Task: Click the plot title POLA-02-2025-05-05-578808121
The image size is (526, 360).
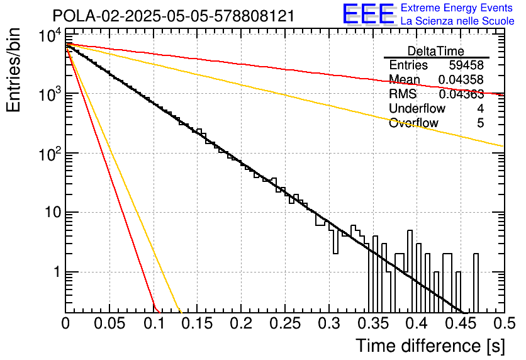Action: pos(174,16)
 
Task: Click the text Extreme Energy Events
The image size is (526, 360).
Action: pos(457,8)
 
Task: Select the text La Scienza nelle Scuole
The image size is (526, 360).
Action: pos(457,21)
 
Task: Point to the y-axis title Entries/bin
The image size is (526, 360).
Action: pos(13,70)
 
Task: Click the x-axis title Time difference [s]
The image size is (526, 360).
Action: pos(430,346)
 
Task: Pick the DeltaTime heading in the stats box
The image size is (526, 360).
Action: pos(436,51)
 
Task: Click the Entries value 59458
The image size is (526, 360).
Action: pos(466,65)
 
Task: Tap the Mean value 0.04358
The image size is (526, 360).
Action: pos(461,79)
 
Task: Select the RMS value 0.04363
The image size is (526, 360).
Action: pos(461,94)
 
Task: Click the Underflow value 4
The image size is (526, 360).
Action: pos(480,108)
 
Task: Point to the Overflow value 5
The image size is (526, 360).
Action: pos(480,123)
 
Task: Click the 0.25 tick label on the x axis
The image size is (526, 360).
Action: pos(285,323)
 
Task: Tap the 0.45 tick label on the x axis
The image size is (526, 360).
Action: pos(461,323)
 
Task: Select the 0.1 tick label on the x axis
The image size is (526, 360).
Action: pos(154,323)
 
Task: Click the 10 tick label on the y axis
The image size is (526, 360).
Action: pos(53,212)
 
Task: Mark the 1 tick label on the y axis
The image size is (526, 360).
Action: pos(57,271)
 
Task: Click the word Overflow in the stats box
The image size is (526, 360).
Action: pos(413,123)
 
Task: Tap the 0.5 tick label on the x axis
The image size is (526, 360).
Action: pos(505,323)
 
